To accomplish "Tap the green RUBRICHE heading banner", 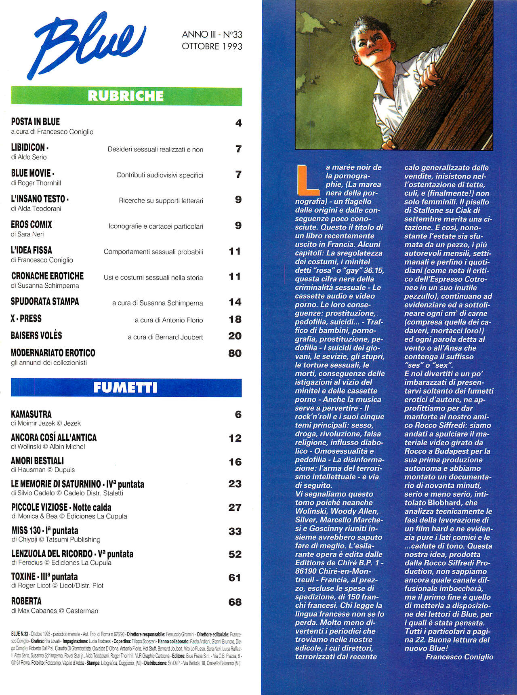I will click(126, 96).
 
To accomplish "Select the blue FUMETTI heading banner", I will click(126, 388).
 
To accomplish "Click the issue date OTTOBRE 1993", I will click(212, 46).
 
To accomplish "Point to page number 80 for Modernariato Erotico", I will click(235, 353).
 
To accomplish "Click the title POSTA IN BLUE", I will click(36, 122).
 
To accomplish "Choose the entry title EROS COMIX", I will click(32, 225).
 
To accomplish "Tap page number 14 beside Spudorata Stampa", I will click(235, 302).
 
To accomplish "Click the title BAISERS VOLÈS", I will click(36, 336).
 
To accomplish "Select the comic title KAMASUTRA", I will click(32, 414).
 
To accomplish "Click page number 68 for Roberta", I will click(235, 602).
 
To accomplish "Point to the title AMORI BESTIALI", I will click(38, 461).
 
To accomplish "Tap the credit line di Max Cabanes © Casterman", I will click(55, 611).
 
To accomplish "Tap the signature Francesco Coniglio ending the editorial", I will click(459, 657).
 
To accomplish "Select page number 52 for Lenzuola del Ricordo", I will click(235, 554).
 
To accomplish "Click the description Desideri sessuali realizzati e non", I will click(156, 150).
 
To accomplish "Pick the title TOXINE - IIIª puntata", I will click(44, 577).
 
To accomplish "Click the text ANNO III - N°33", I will click(212, 34).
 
